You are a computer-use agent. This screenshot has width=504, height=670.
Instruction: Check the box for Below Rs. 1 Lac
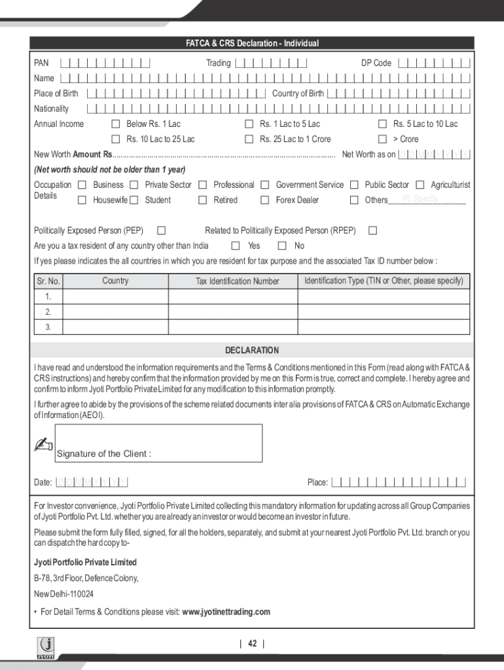click(116, 124)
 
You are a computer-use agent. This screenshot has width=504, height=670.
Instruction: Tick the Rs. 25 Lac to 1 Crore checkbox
click(249, 139)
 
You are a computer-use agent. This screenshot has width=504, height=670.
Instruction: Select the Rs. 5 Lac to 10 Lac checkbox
click(382, 124)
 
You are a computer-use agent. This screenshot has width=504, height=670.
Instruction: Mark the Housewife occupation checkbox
click(82, 200)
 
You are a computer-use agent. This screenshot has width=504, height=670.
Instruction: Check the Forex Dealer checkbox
click(265, 200)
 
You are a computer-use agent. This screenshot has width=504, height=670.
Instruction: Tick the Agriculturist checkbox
click(420, 185)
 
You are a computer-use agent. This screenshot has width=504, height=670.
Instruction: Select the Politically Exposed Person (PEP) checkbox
click(162, 230)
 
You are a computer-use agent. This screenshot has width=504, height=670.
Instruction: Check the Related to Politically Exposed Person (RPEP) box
click(372, 230)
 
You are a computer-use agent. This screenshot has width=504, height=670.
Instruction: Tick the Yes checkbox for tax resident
click(236, 246)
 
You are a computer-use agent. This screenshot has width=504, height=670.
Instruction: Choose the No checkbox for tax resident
click(282, 246)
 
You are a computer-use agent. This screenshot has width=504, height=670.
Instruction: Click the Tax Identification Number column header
click(237, 281)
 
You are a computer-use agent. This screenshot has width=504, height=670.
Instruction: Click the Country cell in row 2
click(115, 312)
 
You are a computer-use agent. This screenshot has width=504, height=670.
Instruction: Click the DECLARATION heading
click(252, 350)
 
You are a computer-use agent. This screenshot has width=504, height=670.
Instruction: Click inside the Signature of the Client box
click(159, 443)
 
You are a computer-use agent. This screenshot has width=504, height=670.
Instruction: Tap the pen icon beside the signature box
click(43, 446)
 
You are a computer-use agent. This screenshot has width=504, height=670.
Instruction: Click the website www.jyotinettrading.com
click(226, 612)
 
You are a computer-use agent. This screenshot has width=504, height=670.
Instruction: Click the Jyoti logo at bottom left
click(47, 648)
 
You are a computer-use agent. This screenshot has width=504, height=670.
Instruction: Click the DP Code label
click(376, 63)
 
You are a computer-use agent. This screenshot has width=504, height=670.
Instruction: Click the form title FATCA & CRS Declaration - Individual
click(252, 43)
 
